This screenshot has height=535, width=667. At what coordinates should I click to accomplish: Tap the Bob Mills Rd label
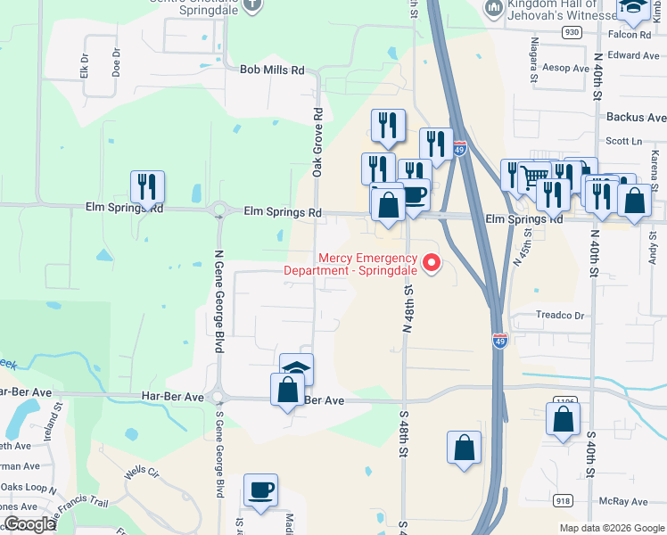272,70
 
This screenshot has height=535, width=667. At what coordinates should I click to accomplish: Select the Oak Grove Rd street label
317,143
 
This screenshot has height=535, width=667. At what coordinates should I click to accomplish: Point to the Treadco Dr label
559,316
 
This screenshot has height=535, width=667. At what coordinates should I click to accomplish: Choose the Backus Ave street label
635,117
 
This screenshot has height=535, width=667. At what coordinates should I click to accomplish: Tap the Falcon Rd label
631,35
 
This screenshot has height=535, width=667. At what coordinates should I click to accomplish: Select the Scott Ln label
623,141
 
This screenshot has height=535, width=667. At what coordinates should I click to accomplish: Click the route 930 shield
572,32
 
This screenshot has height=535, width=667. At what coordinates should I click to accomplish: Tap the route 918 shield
563,502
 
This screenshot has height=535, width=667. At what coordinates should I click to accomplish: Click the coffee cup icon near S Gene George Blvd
260,490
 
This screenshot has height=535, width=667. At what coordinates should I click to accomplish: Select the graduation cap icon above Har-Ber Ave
297,369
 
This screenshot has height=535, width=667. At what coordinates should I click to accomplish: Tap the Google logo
30,523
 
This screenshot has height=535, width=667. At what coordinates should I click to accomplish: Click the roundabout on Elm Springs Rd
218,212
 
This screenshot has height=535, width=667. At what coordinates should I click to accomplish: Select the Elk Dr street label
86,65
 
